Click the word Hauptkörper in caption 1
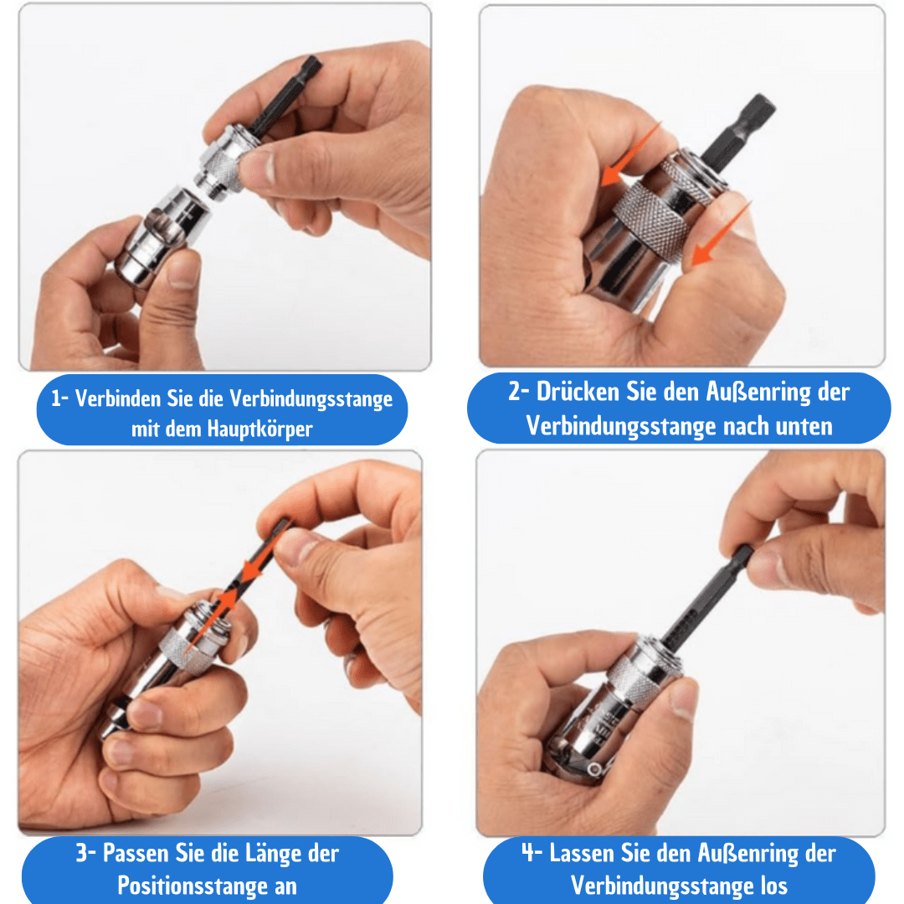click(260, 429)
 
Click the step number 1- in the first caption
click(60, 398)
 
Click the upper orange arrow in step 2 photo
click(630, 155)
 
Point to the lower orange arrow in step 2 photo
click(722, 234)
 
